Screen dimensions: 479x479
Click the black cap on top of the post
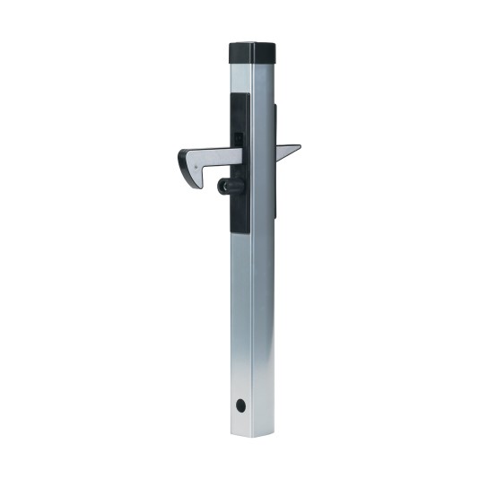252,51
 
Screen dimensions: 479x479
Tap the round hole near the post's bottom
240,405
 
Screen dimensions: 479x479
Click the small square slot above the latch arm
239,137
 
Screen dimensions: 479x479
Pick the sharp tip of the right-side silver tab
299,146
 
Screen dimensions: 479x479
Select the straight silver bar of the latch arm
222,156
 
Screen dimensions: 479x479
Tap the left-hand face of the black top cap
241,53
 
